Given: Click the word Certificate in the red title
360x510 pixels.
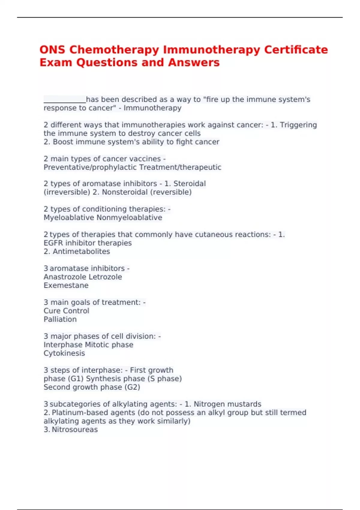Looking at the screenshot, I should tap(296, 50).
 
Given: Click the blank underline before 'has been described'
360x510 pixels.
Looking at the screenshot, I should tap(65, 100).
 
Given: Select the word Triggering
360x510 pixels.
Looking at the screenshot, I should tap(298, 125).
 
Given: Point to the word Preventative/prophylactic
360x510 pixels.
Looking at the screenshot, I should tap(90, 167).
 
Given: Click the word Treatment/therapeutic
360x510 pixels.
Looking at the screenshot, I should tap(180, 167).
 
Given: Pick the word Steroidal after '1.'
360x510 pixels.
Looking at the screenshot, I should tap(190, 184).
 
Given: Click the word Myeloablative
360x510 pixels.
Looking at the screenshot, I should tap(69, 218).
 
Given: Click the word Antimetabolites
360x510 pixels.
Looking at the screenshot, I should tap(81, 252).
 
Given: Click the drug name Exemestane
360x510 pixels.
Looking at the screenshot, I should tap(66, 286).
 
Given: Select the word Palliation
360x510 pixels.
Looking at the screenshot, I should tap(60, 319).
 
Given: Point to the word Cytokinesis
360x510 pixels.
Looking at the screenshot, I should tap(64, 353).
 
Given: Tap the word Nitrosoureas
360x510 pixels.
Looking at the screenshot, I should tap(75, 430).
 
